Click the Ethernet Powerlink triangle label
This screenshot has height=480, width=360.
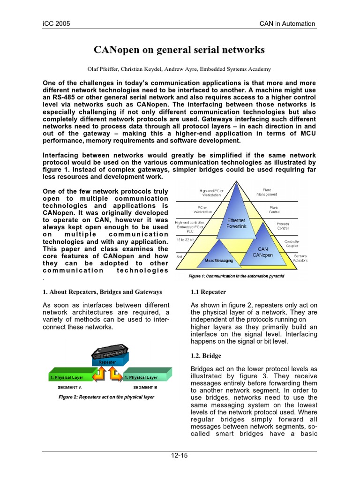point(236,223)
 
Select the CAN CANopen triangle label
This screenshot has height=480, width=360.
point(262,252)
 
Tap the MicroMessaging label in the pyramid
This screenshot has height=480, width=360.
point(219,259)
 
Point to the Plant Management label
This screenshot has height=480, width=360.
point(267,192)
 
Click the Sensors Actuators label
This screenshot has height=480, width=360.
point(300,258)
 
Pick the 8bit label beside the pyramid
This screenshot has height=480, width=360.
point(179,257)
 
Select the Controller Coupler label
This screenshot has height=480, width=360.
point(292,243)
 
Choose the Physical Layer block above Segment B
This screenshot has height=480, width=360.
point(143,377)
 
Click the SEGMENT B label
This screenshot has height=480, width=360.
point(145,388)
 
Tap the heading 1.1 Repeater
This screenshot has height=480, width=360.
point(208,292)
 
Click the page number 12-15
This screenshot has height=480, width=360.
point(179,455)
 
